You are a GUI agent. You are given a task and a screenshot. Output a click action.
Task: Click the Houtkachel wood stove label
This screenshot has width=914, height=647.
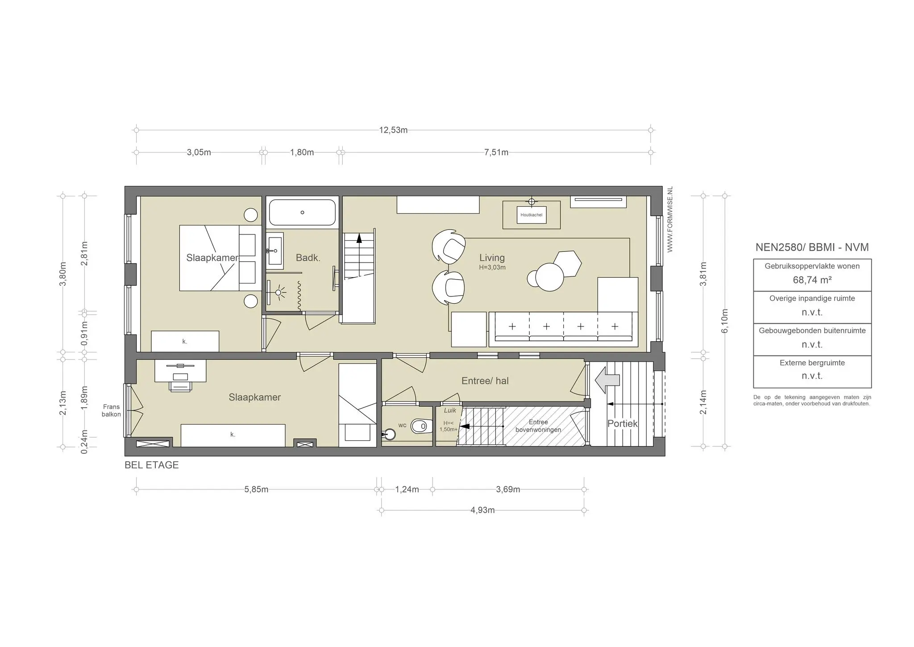(x=531, y=215)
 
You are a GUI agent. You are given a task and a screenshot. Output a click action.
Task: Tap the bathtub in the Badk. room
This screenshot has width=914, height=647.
(x=302, y=213)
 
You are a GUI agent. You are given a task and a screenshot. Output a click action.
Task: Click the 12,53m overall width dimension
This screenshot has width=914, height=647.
(x=393, y=130)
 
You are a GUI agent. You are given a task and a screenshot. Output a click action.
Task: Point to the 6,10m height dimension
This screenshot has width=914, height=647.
(x=725, y=321)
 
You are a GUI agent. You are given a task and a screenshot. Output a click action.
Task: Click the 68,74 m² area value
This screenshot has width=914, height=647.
(x=812, y=280)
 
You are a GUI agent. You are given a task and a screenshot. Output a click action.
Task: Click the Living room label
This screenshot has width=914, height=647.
(x=492, y=258)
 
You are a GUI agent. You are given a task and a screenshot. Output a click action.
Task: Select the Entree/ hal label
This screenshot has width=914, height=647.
(x=485, y=381)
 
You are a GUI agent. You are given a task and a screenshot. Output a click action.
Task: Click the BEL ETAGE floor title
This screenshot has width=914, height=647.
(x=151, y=465)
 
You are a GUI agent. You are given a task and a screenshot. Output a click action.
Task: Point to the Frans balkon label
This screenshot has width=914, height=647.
(x=111, y=410)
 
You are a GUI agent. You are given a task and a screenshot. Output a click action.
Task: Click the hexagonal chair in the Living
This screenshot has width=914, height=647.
(x=567, y=263)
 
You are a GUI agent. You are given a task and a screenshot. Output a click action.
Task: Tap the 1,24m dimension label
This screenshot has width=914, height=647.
(x=407, y=489)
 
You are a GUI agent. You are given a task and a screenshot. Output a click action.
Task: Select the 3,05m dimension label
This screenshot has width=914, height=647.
(x=199, y=152)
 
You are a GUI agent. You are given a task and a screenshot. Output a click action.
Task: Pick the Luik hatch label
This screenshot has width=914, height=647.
(x=450, y=410)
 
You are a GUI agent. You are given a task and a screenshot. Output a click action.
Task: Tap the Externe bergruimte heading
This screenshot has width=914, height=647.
(x=812, y=363)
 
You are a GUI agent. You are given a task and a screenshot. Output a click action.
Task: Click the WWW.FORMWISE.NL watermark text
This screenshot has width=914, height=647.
(x=670, y=219)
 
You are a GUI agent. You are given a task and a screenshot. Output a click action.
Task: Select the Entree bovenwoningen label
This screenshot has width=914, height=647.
(x=538, y=426)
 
